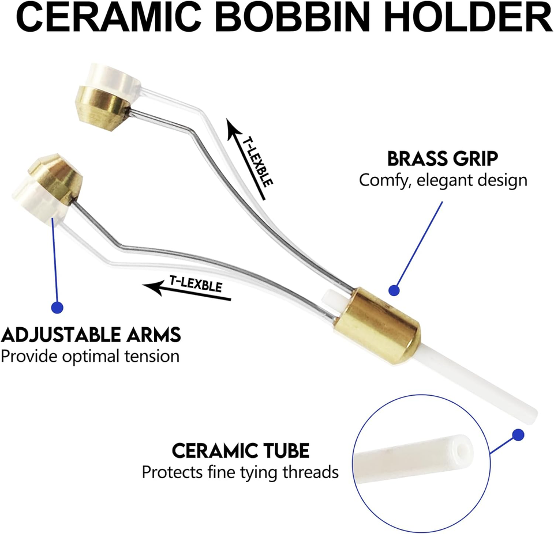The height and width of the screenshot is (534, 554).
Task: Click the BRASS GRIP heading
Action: click(x=443, y=159)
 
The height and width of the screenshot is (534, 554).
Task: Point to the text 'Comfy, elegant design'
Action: click(x=443, y=180)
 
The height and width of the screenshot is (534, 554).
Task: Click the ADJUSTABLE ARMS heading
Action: click(x=91, y=335)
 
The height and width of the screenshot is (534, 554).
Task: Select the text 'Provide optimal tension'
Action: click(x=90, y=356)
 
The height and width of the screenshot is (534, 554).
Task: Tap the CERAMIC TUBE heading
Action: click(x=241, y=450)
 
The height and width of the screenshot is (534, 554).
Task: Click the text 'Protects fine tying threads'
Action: click(x=240, y=472)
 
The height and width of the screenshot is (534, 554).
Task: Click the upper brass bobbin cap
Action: click(x=103, y=109)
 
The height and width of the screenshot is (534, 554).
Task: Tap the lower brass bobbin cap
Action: click(x=56, y=175)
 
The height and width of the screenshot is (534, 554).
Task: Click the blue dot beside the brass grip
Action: click(x=394, y=290)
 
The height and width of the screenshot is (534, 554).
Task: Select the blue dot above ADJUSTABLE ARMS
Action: click(x=57, y=307)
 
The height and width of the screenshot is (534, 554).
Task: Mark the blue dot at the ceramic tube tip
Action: click(x=518, y=435)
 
